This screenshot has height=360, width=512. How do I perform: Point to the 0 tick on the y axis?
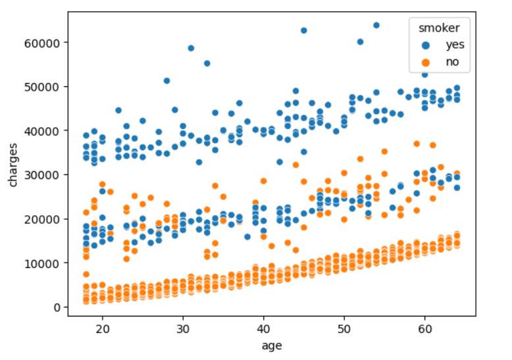57,307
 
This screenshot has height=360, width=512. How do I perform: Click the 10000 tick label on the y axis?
43,263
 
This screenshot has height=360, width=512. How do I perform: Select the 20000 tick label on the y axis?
43,219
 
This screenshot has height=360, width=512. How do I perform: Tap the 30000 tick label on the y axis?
43,175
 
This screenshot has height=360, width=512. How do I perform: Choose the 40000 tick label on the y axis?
43,131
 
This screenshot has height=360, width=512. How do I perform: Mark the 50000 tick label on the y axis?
43,87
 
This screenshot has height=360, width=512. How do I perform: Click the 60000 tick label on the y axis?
43,43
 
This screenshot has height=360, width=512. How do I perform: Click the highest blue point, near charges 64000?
376,25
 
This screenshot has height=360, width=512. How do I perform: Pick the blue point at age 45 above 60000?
304,30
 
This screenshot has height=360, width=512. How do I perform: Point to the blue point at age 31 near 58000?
191,48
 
